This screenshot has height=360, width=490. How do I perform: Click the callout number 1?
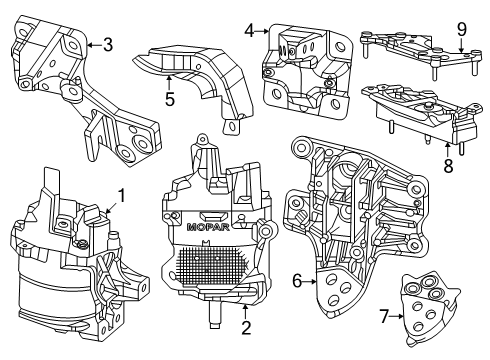[x=122, y=195]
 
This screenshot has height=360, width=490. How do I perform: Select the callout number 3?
[x=107, y=43]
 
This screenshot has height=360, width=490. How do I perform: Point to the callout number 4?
[x=249, y=30]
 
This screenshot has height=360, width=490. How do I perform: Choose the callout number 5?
[x=170, y=99]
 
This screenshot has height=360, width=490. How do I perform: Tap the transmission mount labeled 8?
[x=420, y=118]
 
